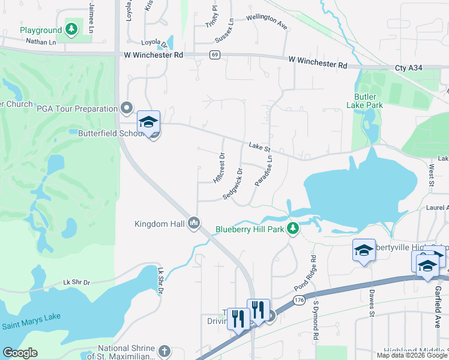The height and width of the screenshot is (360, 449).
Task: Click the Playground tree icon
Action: click(x=71, y=29)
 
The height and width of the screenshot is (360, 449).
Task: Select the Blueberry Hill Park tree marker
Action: click(x=293, y=228)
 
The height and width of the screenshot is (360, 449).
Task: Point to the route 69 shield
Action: click(x=214, y=55)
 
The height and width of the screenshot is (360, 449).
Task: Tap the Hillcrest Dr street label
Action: click(x=218, y=167)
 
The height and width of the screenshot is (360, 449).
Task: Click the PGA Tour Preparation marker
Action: click(x=126, y=108)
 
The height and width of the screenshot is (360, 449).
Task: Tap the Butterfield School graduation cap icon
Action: click(x=148, y=122)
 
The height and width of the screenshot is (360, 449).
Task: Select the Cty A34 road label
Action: click(x=409, y=68)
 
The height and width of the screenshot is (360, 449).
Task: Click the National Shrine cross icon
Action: click(x=164, y=351)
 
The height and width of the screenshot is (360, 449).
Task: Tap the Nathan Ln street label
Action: click(x=41, y=41)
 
